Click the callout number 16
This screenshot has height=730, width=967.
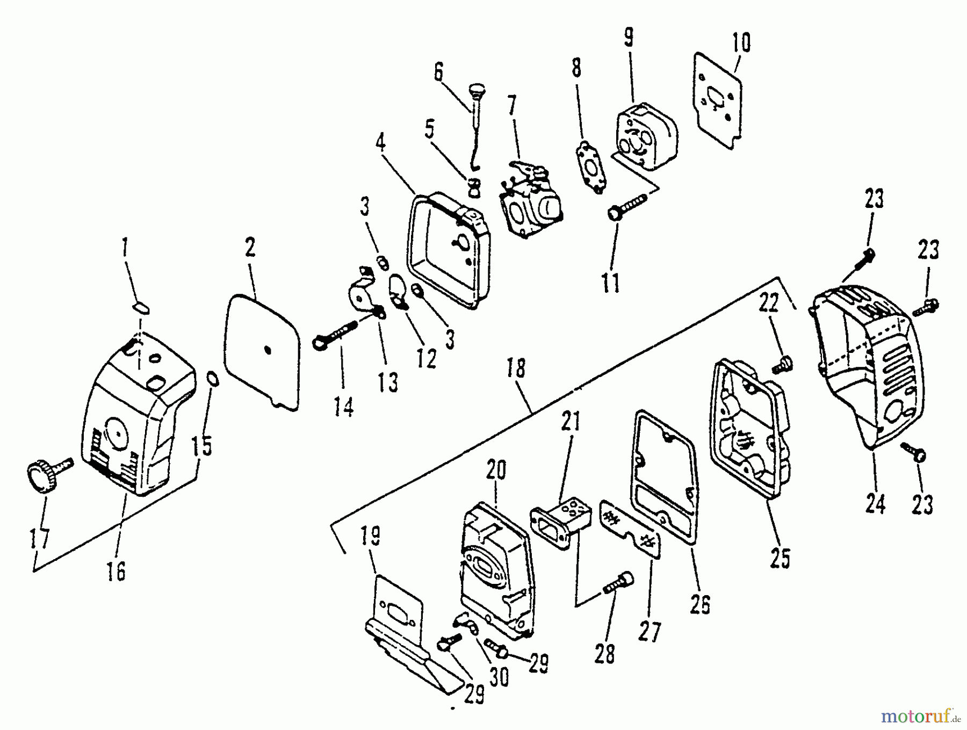(116, 570)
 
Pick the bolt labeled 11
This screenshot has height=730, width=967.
(626, 207)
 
